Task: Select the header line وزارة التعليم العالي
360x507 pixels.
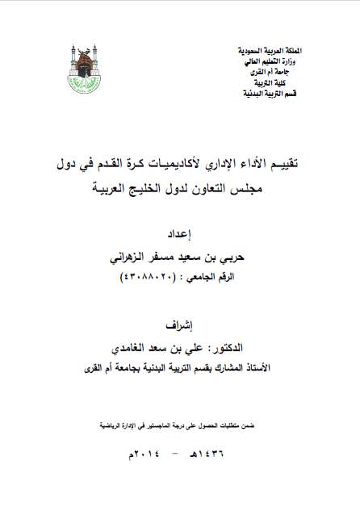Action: pyautogui.click(x=270, y=61)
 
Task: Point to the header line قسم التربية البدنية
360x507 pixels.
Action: pyautogui.click(x=269, y=94)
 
